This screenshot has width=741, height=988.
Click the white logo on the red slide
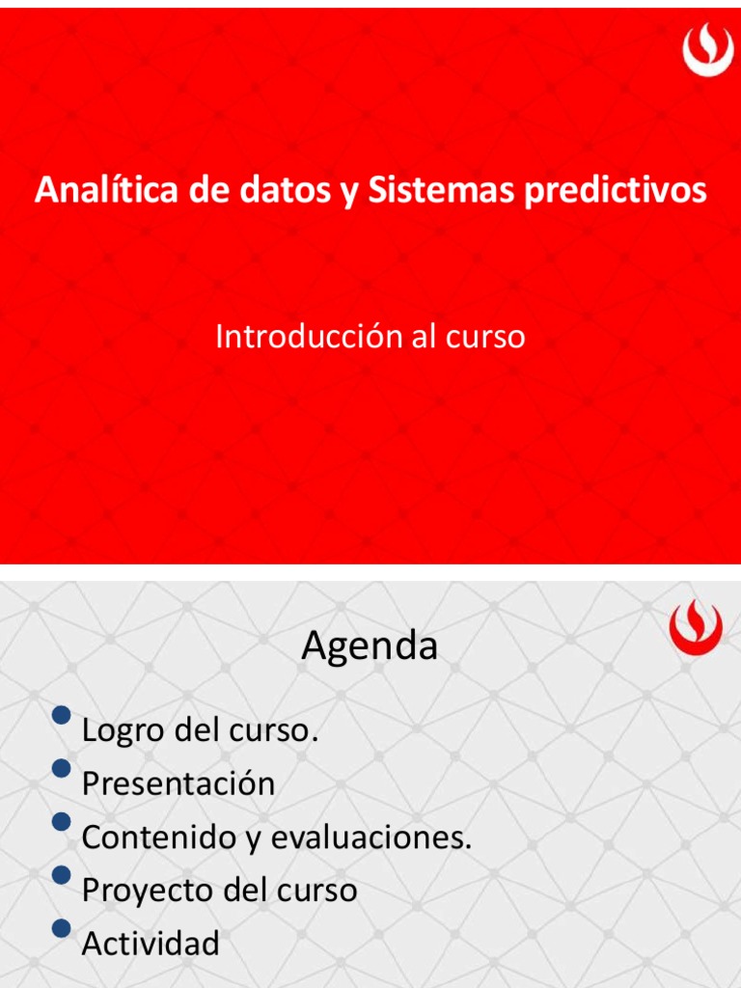pos(708,50)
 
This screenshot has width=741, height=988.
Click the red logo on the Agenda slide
pos(696,628)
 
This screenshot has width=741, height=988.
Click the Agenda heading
pos(370,646)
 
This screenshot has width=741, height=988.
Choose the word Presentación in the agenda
pos(178,783)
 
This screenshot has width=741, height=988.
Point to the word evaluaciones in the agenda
pos(371,837)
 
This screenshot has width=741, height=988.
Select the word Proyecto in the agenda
pos(148,890)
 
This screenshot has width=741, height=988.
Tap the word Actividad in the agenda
pos(151,943)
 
